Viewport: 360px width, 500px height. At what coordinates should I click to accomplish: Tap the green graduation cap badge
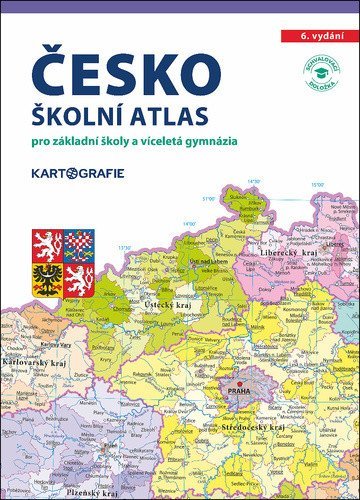click(319, 81)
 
